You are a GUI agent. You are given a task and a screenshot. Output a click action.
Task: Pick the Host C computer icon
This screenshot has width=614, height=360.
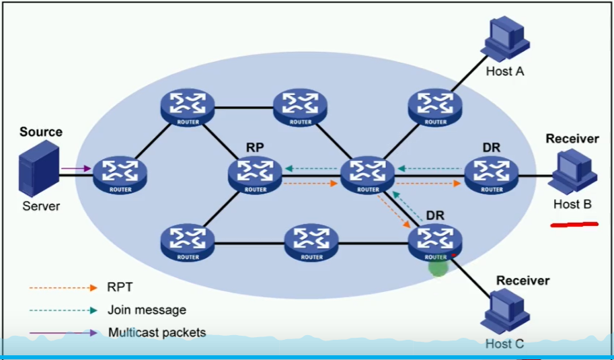506,310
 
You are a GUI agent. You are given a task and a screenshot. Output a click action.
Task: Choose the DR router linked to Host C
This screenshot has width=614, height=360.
435,240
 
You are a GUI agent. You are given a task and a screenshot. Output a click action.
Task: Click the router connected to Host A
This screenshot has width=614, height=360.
435,106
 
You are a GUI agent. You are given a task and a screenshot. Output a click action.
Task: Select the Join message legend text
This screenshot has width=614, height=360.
147,310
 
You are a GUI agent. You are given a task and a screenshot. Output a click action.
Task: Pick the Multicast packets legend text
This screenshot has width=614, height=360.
157,332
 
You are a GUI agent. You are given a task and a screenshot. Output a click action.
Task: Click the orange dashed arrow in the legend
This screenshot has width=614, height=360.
63,288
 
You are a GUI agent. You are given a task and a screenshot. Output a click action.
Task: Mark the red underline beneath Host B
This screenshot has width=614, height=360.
574,224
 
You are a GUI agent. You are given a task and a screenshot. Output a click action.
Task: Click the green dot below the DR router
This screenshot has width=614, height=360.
438,267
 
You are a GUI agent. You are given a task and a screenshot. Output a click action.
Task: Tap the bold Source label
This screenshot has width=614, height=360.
40,132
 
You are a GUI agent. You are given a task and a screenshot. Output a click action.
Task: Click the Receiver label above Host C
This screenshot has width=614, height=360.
523,280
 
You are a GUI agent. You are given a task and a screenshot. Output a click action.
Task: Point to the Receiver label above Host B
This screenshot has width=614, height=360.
572,139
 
